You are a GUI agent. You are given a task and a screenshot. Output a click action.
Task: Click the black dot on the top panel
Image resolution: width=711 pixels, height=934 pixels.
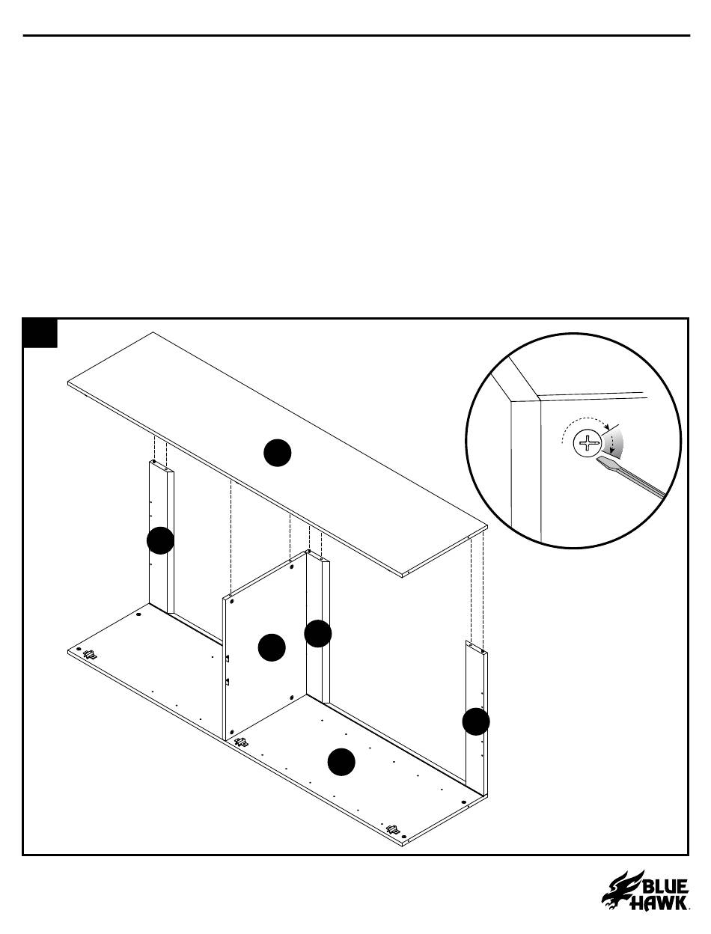point(277,452)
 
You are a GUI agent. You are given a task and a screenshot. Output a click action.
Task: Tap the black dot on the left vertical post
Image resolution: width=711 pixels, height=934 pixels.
point(160,540)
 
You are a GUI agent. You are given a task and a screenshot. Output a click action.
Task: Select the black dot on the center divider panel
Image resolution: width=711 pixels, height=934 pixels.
point(272,647)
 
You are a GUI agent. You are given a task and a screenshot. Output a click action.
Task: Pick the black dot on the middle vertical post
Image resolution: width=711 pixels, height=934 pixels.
point(317,634)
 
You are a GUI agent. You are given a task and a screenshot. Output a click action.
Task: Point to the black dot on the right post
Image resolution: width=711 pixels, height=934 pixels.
point(476,721)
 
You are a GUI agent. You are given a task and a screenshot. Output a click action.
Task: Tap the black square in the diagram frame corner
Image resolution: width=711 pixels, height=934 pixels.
point(40,333)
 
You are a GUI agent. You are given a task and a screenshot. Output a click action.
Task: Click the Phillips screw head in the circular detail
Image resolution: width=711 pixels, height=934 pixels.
point(588,443)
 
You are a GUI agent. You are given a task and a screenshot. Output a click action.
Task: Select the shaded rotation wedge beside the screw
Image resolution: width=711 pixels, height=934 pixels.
point(614,442)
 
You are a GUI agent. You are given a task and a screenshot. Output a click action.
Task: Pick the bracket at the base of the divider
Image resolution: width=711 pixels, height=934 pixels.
point(241,742)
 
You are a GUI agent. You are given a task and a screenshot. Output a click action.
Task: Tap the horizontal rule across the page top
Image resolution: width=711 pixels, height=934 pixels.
point(356,36)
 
